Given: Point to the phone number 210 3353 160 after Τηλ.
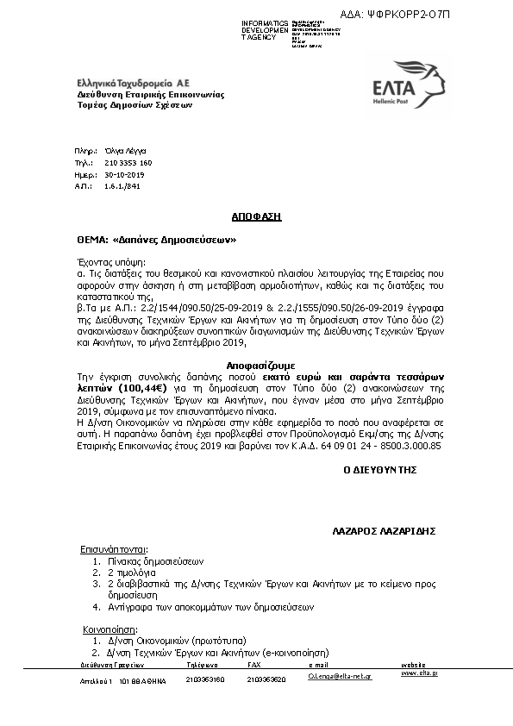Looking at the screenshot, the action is [128, 162].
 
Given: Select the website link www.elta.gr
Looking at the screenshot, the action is [419, 673].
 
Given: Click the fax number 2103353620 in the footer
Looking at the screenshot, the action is [266, 679].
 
